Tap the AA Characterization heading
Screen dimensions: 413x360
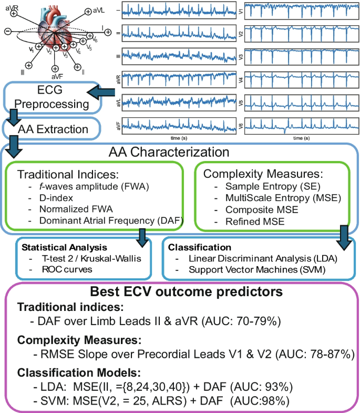pyautogui.click(x=168, y=153)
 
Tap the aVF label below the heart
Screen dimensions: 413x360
pyautogui.click(x=54, y=76)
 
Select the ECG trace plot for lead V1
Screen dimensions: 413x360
pyautogui.click(x=301, y=13)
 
